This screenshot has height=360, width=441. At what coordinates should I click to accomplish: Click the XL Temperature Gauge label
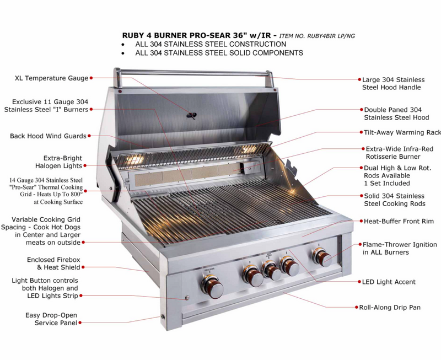51,78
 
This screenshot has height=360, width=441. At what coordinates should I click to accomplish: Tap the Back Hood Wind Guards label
48,136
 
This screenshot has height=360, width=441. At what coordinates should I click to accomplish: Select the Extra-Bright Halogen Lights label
58,162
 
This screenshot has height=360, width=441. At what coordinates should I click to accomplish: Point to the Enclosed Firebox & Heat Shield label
53,264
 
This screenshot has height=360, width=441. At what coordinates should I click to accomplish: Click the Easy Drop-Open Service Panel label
51,319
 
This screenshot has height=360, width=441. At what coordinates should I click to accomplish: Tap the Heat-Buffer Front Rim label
399,221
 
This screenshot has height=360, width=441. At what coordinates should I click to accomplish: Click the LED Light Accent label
389,282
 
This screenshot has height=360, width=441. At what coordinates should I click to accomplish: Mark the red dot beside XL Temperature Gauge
91,78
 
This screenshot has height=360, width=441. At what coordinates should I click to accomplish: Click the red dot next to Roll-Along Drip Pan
354,307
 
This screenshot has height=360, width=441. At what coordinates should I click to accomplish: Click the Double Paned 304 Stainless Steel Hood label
396,114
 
